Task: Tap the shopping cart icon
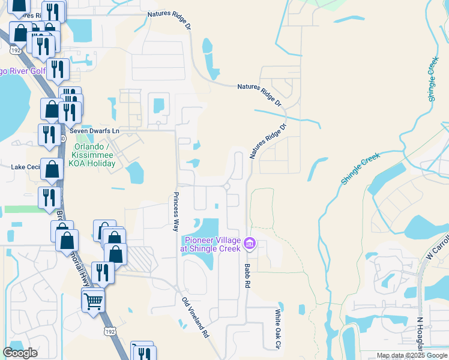pos(93,300)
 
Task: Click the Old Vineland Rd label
pos(195,317)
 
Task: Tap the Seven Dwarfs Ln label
pos(95,130)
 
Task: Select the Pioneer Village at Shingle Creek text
pos(211,245)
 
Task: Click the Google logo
pos(20,353)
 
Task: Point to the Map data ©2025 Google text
pos(412,356)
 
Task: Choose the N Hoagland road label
pos(420,335)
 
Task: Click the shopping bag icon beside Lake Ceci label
pos(52,170)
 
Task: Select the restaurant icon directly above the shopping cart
pos(103,273)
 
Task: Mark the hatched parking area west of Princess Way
pos(140,259)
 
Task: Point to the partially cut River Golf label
pos(24,71)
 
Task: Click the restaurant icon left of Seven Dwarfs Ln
pos(48,134)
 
